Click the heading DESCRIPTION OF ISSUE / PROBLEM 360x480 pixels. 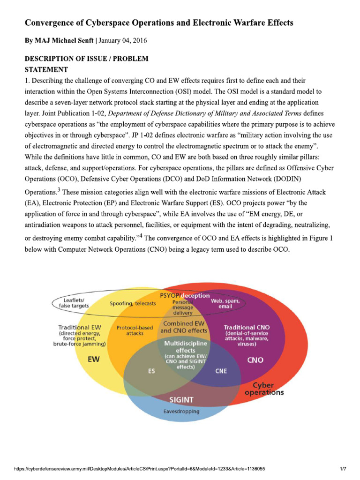86,59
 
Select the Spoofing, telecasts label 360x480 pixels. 133,303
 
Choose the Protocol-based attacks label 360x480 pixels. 135,330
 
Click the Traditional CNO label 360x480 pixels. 247,327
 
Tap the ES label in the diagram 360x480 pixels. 151,371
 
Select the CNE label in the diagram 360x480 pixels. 221,371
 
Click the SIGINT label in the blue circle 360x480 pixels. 181,400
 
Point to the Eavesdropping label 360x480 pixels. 181,411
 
